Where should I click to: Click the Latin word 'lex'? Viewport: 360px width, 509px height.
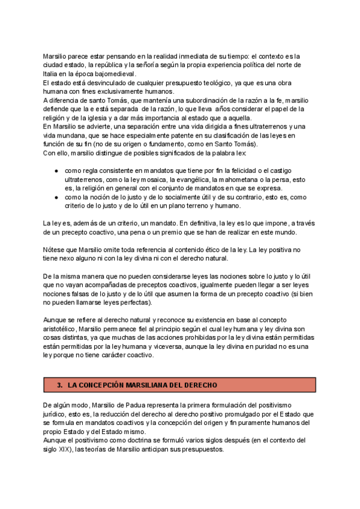point(250,152)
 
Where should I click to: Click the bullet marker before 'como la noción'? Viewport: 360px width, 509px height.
point(56,196)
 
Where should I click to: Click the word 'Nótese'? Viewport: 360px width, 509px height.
point(53,249)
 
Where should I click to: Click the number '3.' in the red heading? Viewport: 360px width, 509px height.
point(59,384)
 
